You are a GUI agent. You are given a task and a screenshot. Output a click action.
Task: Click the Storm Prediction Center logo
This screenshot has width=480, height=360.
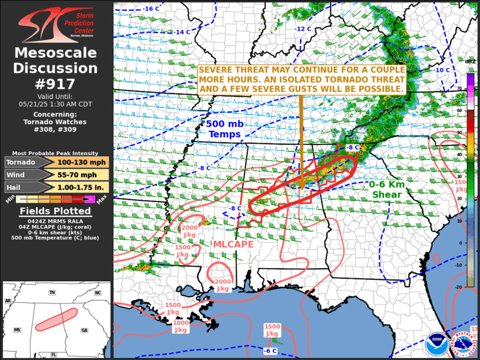[x=56, y=24]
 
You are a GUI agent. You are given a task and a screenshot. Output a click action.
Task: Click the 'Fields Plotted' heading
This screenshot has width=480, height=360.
[x=55, y=211]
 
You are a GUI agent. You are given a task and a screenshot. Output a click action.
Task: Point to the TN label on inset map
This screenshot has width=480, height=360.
[x=52, y=292]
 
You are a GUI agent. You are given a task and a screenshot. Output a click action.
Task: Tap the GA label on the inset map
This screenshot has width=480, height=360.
[x=84, y=330]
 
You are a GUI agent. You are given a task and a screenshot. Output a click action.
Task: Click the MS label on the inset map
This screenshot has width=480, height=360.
[x=17, y=330]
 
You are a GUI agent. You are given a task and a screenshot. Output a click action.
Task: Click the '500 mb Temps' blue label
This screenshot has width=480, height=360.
[x=223, y=129]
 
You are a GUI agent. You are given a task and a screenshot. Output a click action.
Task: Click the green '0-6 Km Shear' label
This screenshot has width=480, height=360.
[x=386, y=189]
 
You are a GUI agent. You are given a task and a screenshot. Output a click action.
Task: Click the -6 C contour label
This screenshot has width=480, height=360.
[x=270, y=351]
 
